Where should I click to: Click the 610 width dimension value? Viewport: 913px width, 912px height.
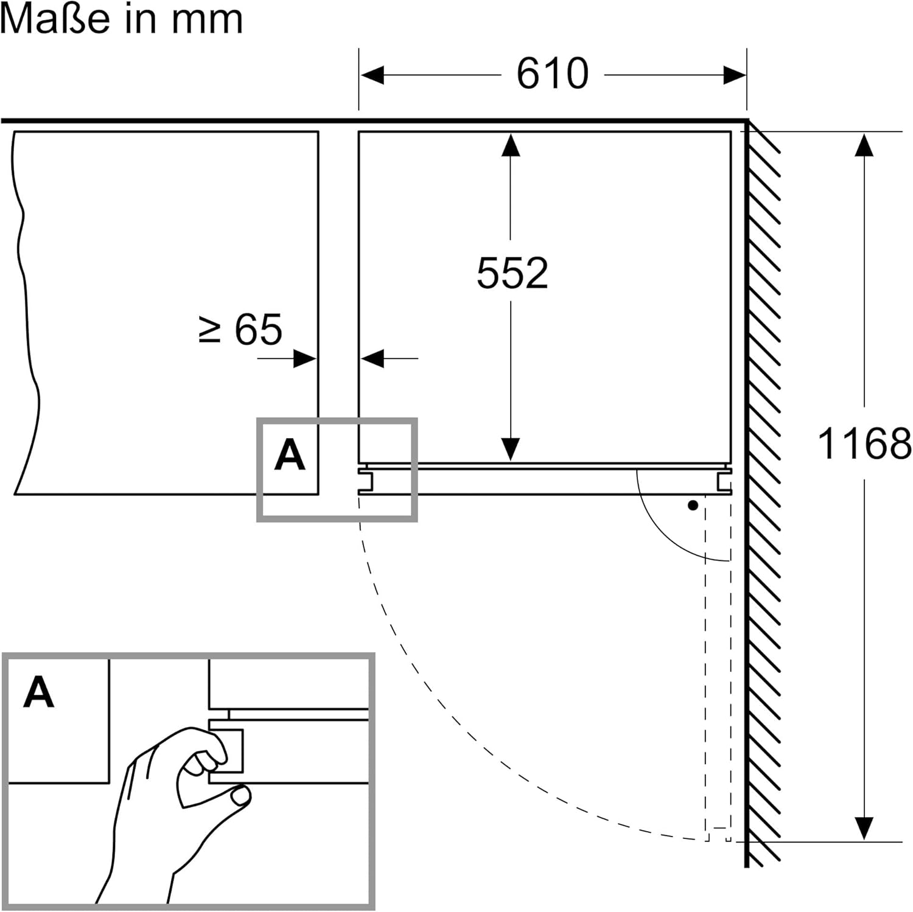coord(553,74)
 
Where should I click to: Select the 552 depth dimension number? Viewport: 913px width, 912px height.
coord(512,273)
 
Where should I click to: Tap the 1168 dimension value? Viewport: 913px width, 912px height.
coord(864,444)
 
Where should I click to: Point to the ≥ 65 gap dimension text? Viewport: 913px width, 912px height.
coord(241,330)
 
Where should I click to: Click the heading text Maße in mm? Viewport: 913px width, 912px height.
coord(121,19)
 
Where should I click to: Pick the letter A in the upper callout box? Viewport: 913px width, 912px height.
coord(289,455)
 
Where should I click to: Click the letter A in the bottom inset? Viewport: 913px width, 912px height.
coord(38,692)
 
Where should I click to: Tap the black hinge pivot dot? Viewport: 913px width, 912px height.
coord(693,506)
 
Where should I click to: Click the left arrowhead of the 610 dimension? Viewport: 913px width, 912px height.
coord(372,75)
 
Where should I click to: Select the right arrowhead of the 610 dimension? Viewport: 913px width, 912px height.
coord(735,75)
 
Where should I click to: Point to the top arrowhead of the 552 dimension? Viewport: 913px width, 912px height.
coord(511,145)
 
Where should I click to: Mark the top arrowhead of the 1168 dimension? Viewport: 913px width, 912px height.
coord(864,145)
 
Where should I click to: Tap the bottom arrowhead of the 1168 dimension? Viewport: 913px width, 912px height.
coord(864,829)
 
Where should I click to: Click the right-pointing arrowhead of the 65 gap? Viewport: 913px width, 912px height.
coord(305,358)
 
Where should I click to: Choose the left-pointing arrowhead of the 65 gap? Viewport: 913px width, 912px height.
coord(372,358)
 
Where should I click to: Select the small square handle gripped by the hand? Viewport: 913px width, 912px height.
coord(226,750)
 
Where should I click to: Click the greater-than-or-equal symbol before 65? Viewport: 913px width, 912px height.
coord(209,330)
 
